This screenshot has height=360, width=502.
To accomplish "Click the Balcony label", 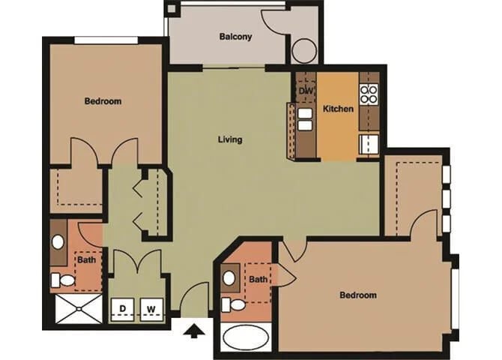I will pos(235,36).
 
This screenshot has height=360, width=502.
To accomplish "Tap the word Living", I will pos(230,139).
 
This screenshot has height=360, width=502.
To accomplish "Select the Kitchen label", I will pos(338,109).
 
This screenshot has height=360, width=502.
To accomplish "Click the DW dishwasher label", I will pos(306,91).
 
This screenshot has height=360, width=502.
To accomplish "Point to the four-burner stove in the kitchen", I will pos(369,94).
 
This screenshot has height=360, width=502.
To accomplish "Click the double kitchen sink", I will pos(305,119).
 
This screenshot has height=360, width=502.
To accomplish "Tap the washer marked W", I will pos(151,307).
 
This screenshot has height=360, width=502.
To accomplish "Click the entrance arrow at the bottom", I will pos(193,330).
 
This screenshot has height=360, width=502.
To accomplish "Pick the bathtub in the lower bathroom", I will pos(247,337).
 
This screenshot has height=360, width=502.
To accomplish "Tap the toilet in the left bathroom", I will pos(63,280).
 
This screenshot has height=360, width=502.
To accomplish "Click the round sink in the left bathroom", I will pos(58,242).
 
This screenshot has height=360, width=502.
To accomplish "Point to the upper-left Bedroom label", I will pos(103,101).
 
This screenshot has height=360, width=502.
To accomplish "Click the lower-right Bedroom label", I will pos(358,295).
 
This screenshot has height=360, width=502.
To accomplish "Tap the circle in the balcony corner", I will pos(304,50).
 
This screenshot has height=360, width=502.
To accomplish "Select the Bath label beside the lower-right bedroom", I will pos(258,280).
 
